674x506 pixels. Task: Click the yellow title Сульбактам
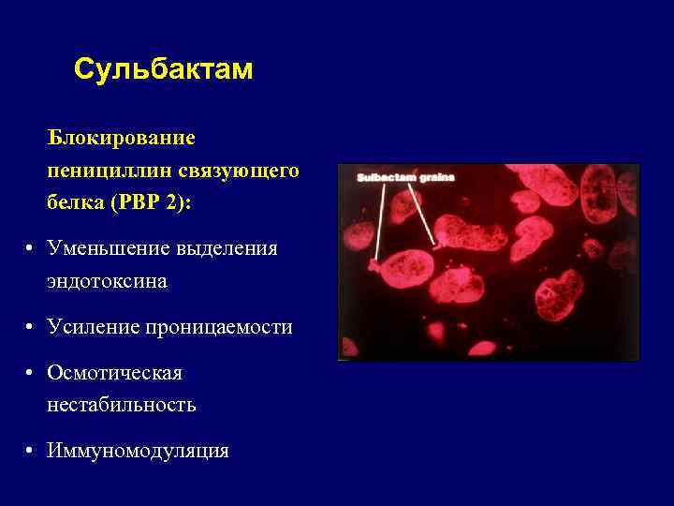point(163,70)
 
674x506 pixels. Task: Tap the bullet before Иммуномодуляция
point(31,451)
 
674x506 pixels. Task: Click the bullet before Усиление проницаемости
point(31,327)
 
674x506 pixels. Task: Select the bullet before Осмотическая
point(31,372)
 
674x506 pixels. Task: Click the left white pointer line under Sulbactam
point(378,220)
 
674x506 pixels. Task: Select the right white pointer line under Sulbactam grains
point(423,214)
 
